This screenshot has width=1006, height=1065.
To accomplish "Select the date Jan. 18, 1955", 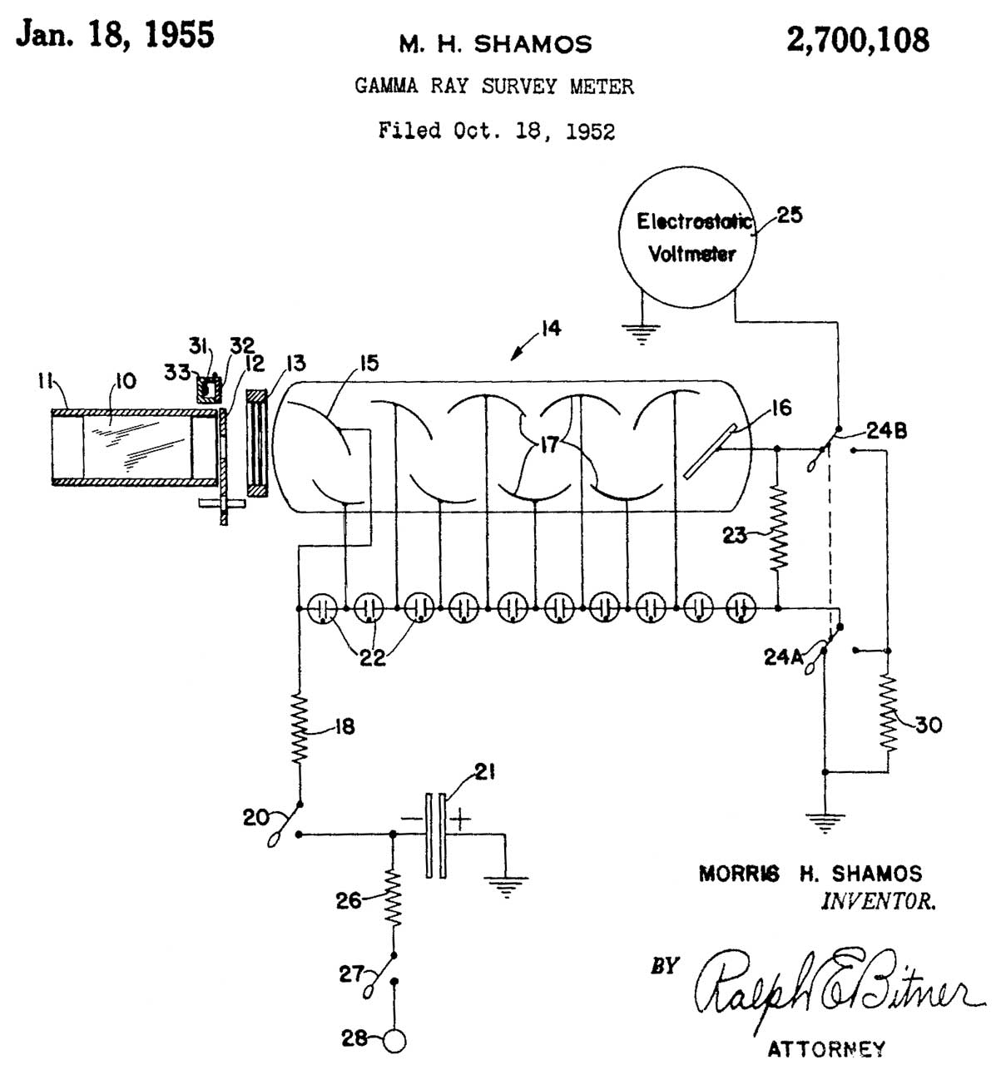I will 116,35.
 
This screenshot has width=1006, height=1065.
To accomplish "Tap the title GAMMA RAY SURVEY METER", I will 494,86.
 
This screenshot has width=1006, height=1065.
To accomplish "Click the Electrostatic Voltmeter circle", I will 686,237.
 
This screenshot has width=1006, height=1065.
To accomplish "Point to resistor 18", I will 300,730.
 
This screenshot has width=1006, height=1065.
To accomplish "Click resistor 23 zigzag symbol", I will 777,528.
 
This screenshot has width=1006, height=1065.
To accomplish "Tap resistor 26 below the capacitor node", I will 393,899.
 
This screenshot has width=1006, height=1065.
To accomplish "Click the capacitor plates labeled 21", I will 435,835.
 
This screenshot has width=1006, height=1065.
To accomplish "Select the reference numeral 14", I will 550,329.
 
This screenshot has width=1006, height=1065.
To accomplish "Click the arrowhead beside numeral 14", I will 515,355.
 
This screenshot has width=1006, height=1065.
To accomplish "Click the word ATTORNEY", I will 826,1048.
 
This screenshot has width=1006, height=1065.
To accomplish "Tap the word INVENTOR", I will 878,901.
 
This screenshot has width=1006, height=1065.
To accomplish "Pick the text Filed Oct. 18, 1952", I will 497,131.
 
